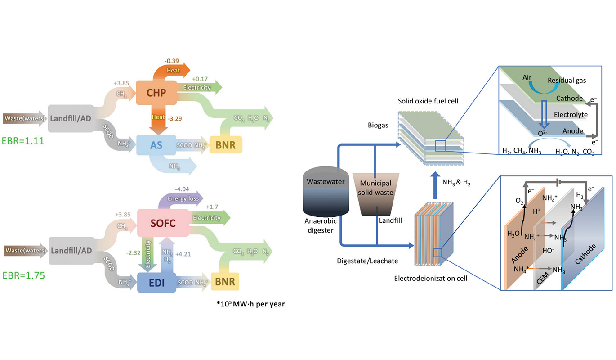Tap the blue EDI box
[x=156, y=282]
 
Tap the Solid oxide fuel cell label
[x=428, y=101]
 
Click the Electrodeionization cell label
[x=431, y=278]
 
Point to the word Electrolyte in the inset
[x=570, y=115]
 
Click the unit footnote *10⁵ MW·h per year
[x=250, y=304]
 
